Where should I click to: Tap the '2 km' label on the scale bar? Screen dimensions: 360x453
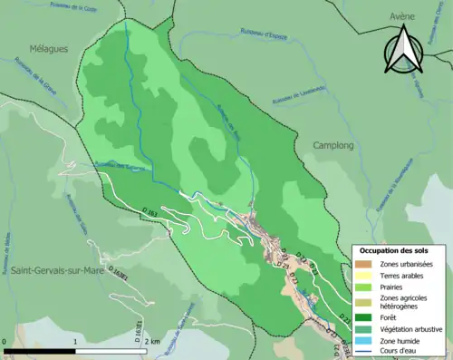click(x=152, y=342)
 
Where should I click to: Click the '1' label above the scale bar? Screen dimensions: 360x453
click(x=76, y=342)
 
